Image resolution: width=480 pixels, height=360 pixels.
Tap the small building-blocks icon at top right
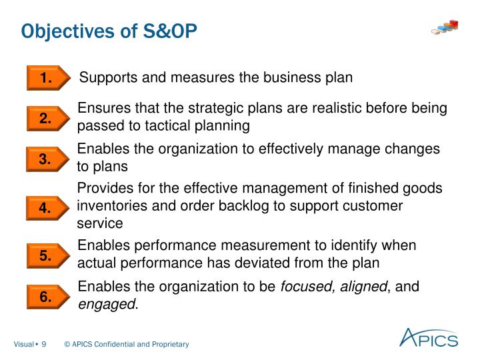[445, 27]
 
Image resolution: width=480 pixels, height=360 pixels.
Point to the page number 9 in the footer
[43, 344]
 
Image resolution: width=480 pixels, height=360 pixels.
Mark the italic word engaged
[107, 304]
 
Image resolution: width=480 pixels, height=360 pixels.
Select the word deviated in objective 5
[282, 263]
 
